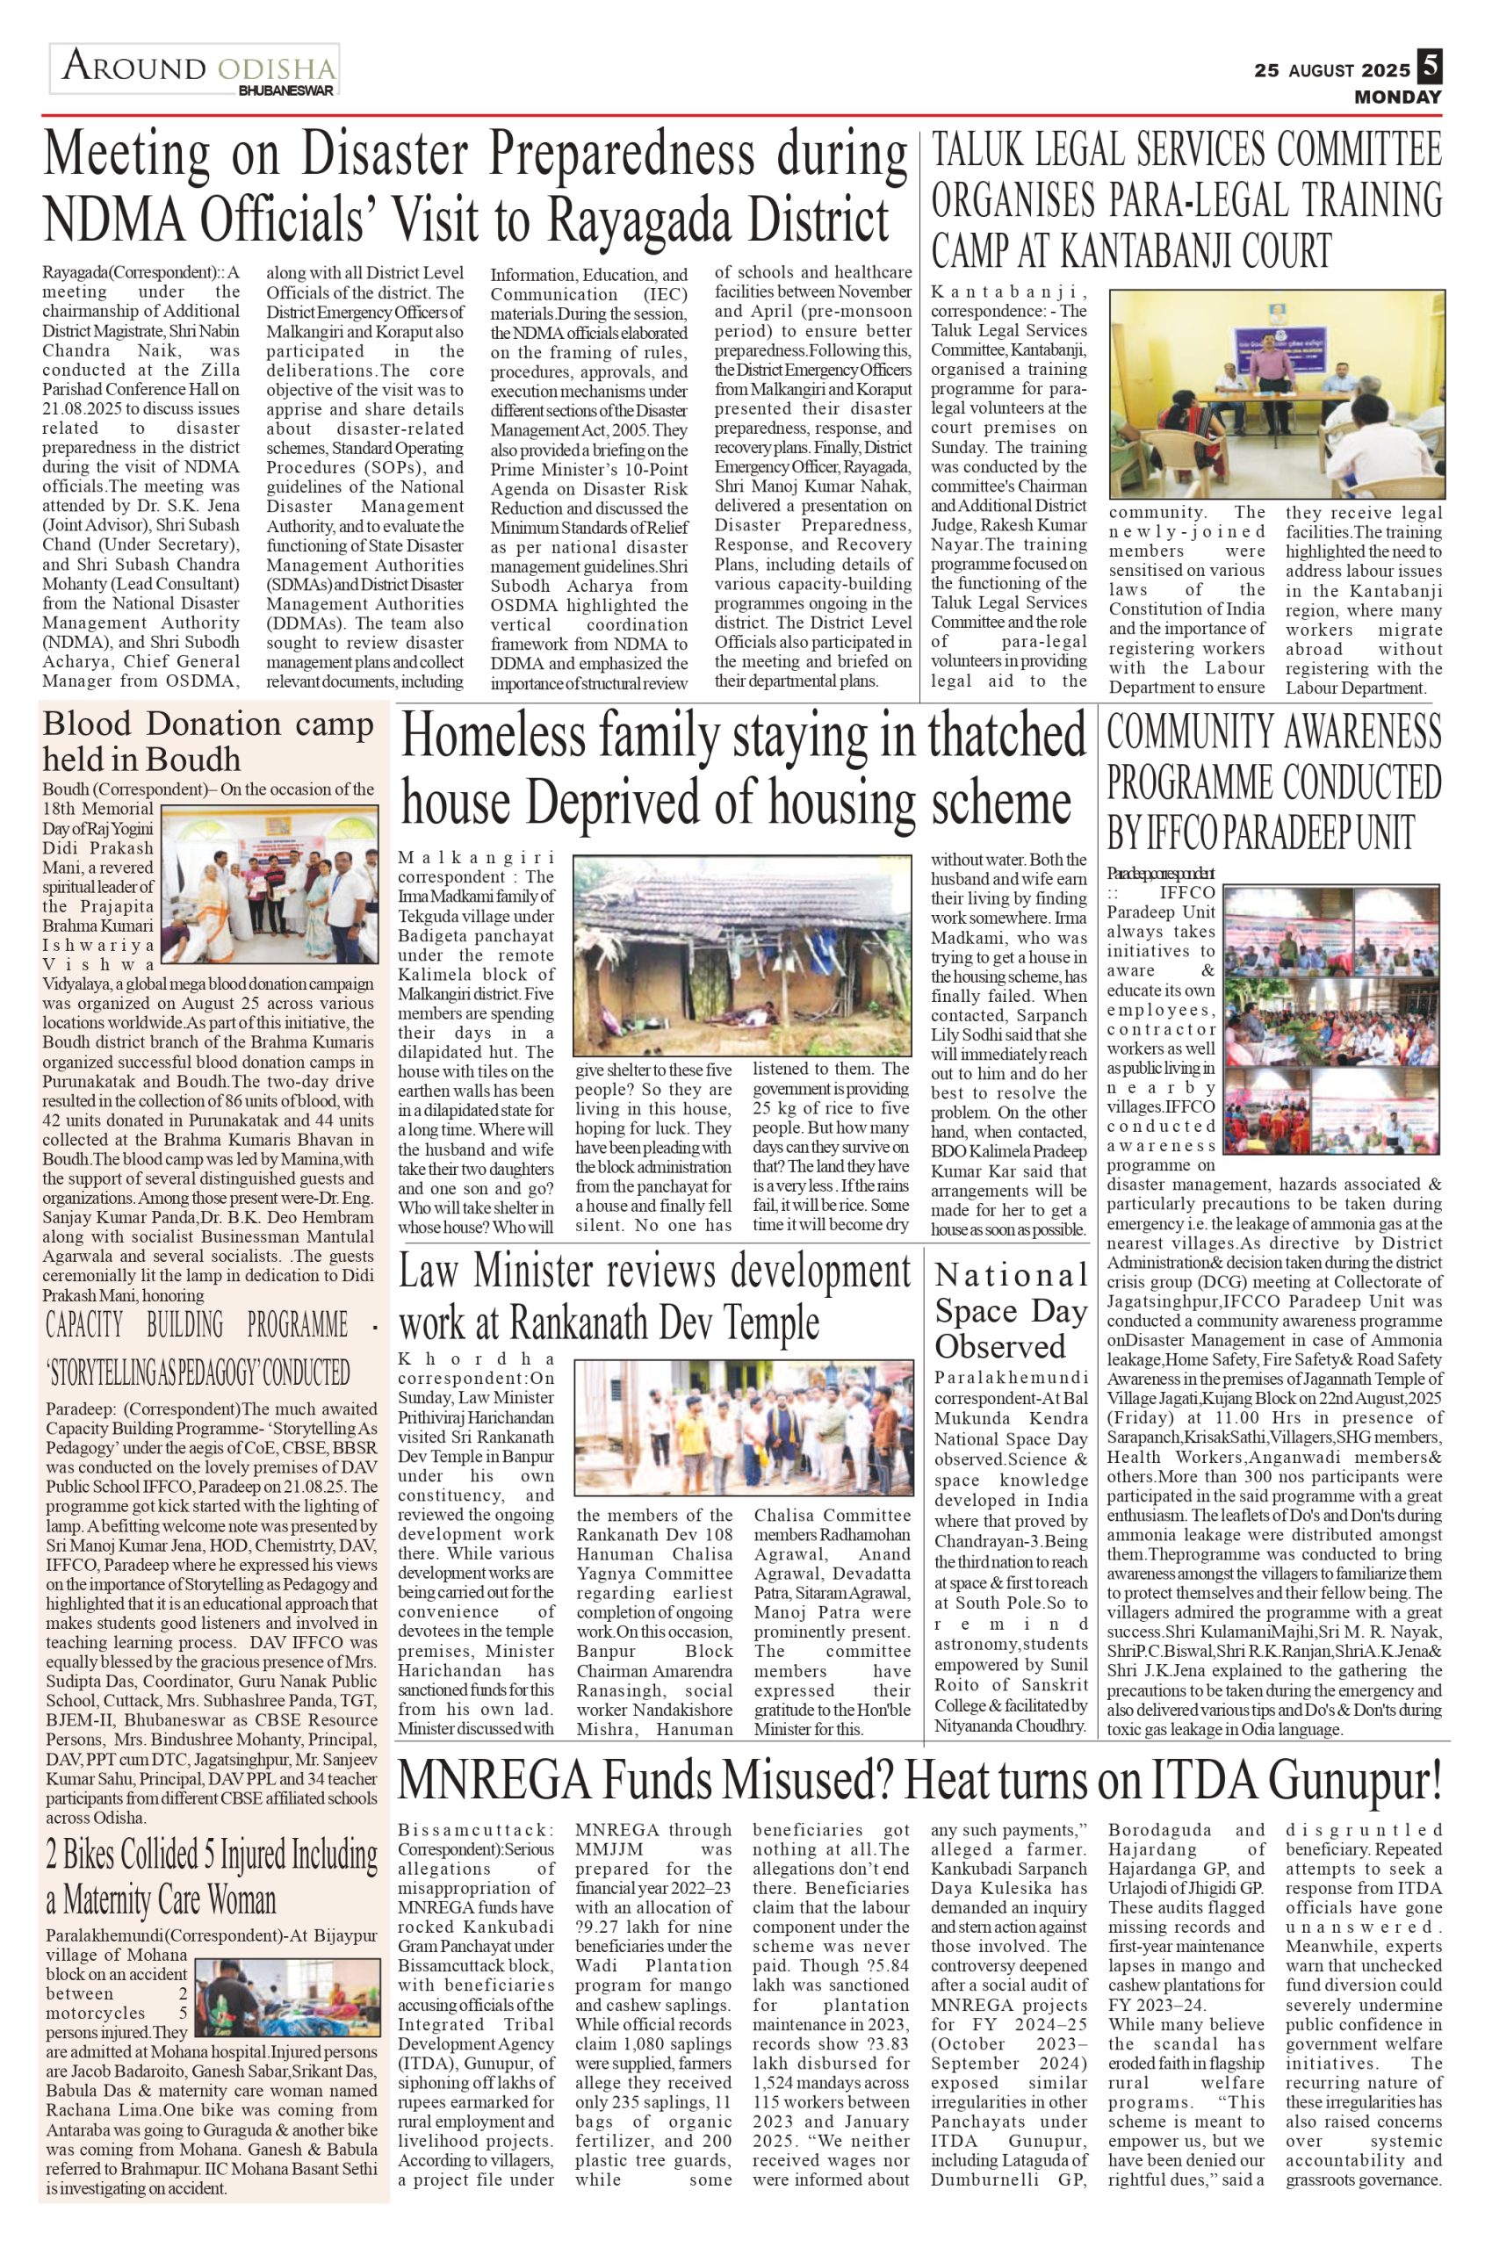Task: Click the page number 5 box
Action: [1429, 68]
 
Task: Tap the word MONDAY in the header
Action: [1397, 97]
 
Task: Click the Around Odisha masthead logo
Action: [195, 71]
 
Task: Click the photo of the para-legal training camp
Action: [1275, 395]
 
